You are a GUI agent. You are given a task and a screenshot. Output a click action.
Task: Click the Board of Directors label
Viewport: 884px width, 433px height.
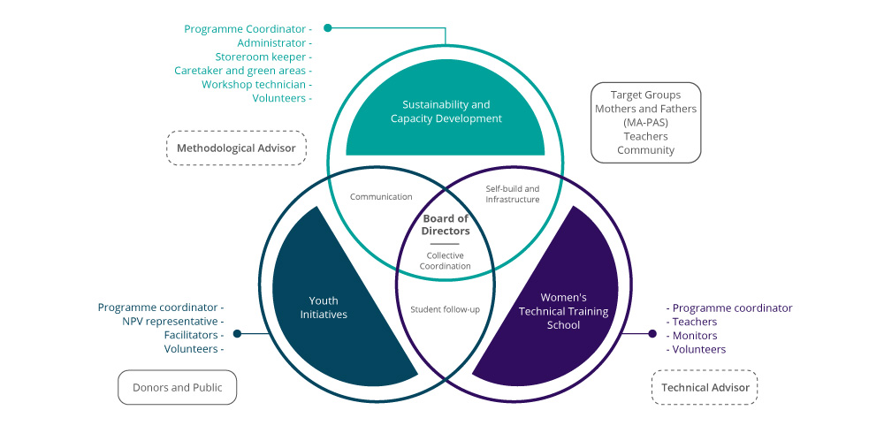pos(446,224)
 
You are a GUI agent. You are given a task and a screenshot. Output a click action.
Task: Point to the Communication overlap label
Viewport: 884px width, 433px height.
pos(381,197)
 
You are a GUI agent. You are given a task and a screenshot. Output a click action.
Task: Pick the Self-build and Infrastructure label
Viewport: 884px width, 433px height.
pos(513,194)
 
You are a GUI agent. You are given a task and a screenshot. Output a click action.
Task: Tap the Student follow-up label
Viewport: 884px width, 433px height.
pos(445,309)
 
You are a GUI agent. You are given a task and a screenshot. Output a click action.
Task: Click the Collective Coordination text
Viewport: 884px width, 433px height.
pos(445,261)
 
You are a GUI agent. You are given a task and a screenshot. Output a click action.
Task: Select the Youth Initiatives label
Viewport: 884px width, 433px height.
pos(324,308)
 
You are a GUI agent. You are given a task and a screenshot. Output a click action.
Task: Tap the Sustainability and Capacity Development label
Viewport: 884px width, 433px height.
pos(446,111)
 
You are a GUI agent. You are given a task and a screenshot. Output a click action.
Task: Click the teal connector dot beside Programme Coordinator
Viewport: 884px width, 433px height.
pos(328,27)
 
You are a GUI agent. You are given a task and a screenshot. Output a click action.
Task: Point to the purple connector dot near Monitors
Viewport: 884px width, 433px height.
pos(652,334)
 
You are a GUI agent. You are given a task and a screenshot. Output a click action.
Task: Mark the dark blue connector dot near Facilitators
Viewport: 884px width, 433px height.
pos(237,334)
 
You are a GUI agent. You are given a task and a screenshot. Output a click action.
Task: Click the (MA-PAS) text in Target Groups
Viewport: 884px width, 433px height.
pos(645,122)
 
